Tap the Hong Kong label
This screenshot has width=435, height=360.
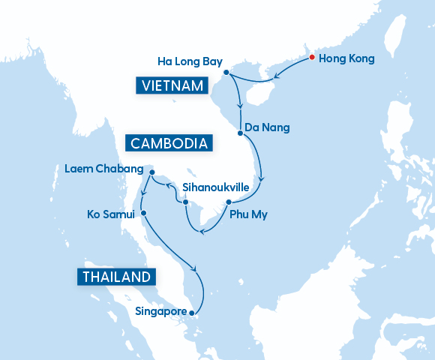tap(346, 58)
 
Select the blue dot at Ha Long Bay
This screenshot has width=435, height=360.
tap(226, 73)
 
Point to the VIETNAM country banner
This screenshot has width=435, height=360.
tap(171, 85)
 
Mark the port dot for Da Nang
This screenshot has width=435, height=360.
tap(240, 133)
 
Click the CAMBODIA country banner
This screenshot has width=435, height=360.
tap(169, 143)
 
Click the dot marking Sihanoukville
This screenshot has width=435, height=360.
tap(185, 202)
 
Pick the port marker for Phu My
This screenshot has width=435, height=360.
tap(228, 202)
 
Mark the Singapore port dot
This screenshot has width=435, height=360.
tap(192, 313)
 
